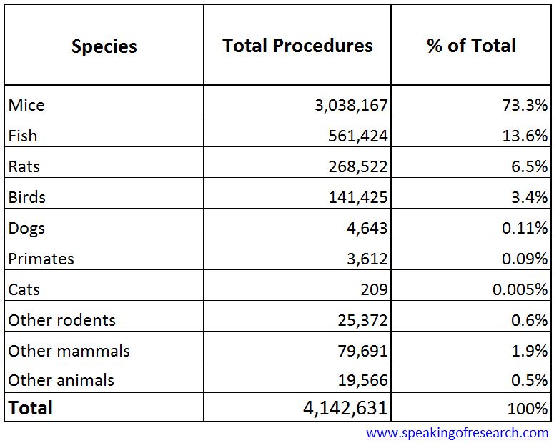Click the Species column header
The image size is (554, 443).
[x=104, y=46]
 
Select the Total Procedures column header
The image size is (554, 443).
[x=297, y=46]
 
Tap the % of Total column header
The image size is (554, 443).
[x=471, y=46]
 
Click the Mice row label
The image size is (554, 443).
[x=26, y=105]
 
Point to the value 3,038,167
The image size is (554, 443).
[x=351, y=106]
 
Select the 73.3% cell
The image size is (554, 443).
[x=525, y=106]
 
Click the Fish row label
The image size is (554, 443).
[x=23, y=136]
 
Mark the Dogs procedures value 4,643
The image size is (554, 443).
[x=368, y=229]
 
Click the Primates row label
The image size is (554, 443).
[x=41, y=259]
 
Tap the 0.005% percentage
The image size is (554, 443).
[x=520, y=290]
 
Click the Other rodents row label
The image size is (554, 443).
[x=61, y=320]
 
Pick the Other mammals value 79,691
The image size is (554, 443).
[x=363, y=352]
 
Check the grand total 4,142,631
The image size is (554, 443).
[x=345, y=408]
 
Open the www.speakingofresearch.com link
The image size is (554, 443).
[x=457, y=432]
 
